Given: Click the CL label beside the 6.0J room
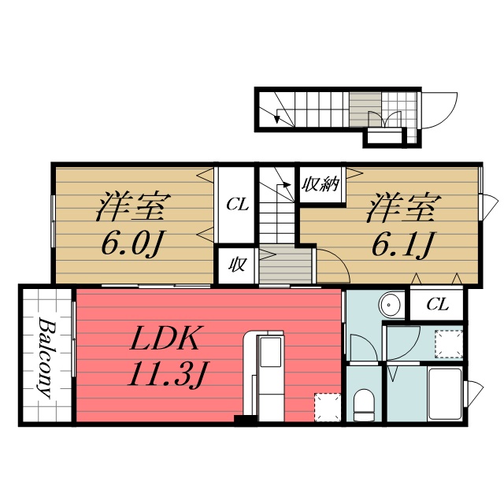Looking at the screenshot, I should click(x=237, y=205).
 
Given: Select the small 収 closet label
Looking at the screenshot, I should click(x=236, y=265).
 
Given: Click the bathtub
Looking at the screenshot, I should click(x=446, y=394).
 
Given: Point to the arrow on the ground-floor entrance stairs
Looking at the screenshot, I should click(x=277, y=117).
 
